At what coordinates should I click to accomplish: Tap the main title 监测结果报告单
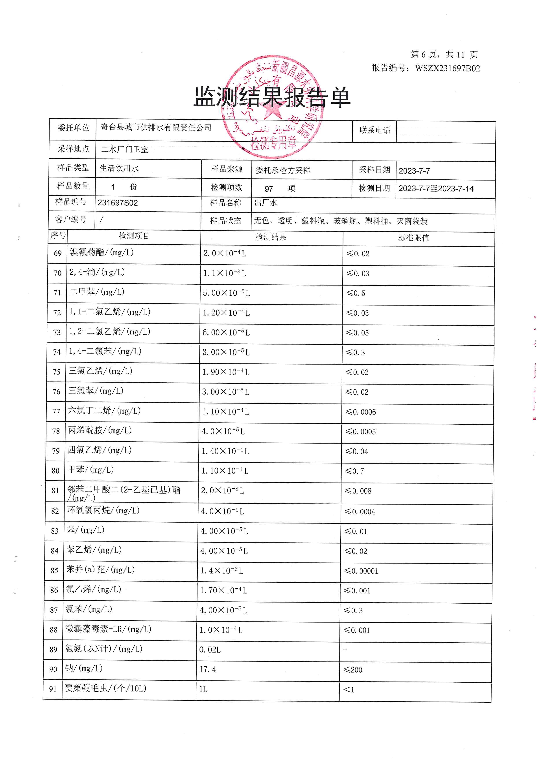(x=272, y=98)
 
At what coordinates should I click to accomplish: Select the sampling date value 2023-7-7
(x=414, y=171)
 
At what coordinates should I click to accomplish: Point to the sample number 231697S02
(x=118, y=203)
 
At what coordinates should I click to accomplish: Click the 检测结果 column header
(x=271, y=237)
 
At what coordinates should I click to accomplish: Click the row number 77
(x=56, y=412)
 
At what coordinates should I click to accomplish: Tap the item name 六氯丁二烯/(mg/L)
(x=104, y=411)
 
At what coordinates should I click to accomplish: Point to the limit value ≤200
(x=353, y=670)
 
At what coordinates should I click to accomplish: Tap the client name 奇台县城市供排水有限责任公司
(x=156, y=127)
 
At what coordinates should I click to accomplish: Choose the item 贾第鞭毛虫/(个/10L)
(x=106, y=688)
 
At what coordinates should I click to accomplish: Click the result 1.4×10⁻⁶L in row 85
(x=221, y=571)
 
